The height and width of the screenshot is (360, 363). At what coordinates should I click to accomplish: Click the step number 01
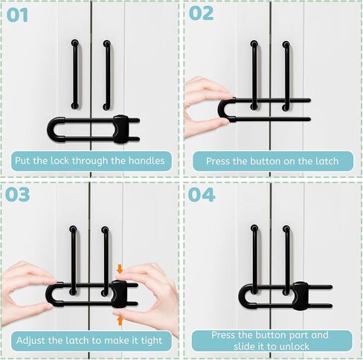(x=17, y=15)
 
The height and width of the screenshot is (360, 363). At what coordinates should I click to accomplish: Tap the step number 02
(x=201, y=13)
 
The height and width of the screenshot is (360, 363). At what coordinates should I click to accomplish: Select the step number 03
(x=17, y=194)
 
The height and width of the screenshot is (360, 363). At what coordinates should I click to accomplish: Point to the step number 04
(x=202, y=195)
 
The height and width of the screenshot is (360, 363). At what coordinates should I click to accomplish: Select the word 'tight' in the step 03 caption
(x=152, y=341)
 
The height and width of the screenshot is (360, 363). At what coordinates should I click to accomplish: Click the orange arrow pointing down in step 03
(x=120, y=269)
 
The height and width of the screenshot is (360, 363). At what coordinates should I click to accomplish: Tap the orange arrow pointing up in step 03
(x=121, y=320)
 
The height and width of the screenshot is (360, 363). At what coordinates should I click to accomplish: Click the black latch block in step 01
(x=121, y=129)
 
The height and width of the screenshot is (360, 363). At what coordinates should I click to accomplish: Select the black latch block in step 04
(x=301, y=296)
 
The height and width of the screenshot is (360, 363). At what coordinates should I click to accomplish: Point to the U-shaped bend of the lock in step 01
(x=53, y=129)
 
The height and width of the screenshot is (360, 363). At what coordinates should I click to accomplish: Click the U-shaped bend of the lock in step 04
(x=244, y=296)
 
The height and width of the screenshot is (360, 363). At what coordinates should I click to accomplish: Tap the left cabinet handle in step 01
(x=74, y=74)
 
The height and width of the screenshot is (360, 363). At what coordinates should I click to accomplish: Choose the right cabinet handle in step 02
(x=286, y=76)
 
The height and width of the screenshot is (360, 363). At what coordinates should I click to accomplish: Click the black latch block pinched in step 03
(x=119, y=294)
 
